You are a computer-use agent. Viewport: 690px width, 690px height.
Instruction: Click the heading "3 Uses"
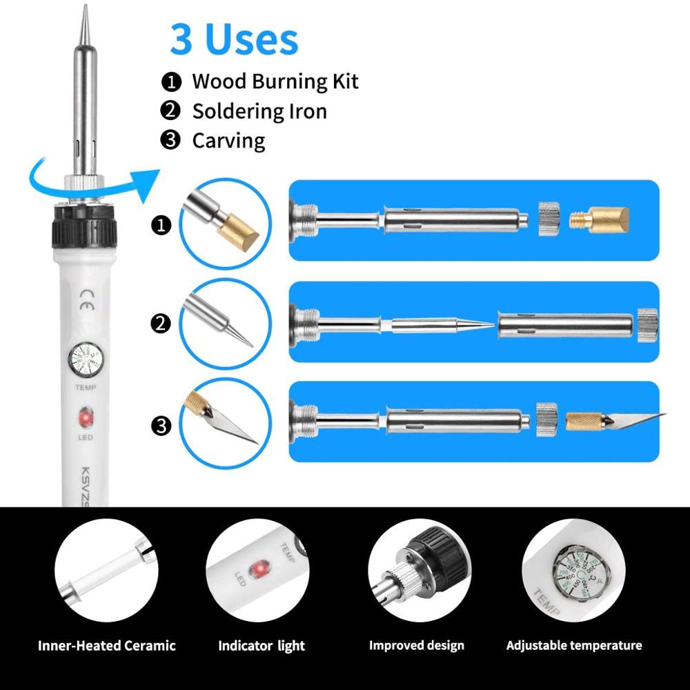tap(234, 40)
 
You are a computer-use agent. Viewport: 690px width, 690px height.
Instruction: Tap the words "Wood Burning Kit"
tap(275, 81)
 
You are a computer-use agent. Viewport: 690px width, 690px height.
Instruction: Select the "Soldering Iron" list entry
tap(259, 111)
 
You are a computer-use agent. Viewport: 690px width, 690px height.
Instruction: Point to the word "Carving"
tap(228, 141)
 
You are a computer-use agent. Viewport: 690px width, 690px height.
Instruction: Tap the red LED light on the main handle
tap(86, 418)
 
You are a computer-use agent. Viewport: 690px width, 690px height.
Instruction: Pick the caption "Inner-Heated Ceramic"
tap(106, 647)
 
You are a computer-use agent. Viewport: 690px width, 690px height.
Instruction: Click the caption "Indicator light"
tap(262, 647)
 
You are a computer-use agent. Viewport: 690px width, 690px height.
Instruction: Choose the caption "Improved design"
tap(416, 646)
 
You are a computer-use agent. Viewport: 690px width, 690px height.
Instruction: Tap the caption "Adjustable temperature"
tap(574, 646)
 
